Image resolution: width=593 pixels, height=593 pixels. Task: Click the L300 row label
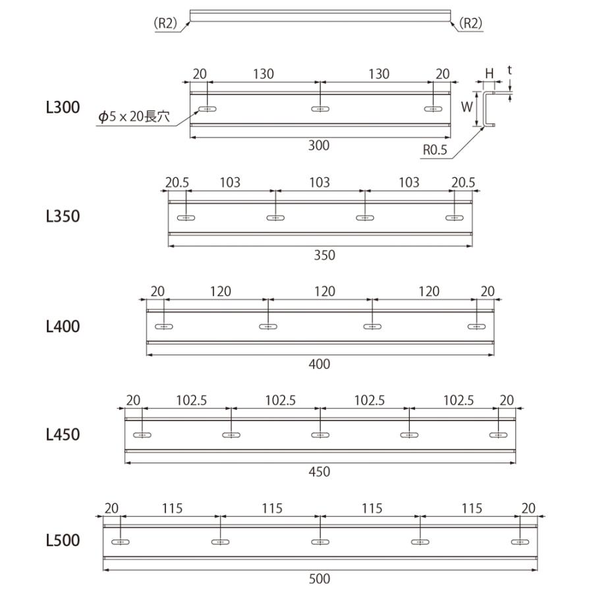[63, 107]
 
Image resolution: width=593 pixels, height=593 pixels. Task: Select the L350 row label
[63, 216]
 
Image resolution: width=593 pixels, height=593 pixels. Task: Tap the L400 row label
[63, 325]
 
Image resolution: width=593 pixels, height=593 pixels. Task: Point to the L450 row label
[63, 434]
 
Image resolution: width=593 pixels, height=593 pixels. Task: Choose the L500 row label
[63, 541]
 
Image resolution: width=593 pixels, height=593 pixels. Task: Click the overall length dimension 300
[319, 146]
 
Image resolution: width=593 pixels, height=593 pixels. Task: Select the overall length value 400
[319, 364]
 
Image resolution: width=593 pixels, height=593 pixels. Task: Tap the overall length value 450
[319, 472]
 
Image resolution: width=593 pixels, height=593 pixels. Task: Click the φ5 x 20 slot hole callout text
[134, 117]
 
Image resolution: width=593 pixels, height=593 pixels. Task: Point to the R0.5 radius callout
[435, 150]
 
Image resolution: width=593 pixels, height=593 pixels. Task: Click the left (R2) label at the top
[166, 23]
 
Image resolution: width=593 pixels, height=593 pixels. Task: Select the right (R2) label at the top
[470, 23]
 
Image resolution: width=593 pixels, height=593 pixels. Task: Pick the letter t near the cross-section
[510, 68]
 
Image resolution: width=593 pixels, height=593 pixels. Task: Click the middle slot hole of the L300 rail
[320, 109]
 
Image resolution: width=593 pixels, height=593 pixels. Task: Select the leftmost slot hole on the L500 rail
[121, 542]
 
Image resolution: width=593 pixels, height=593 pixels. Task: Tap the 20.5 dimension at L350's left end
[177, 183]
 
